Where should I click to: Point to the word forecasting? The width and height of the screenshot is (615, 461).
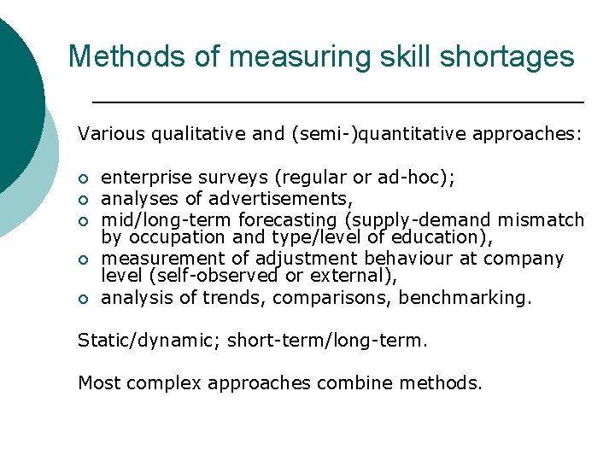264,219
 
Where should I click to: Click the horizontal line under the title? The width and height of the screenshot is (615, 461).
337,102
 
